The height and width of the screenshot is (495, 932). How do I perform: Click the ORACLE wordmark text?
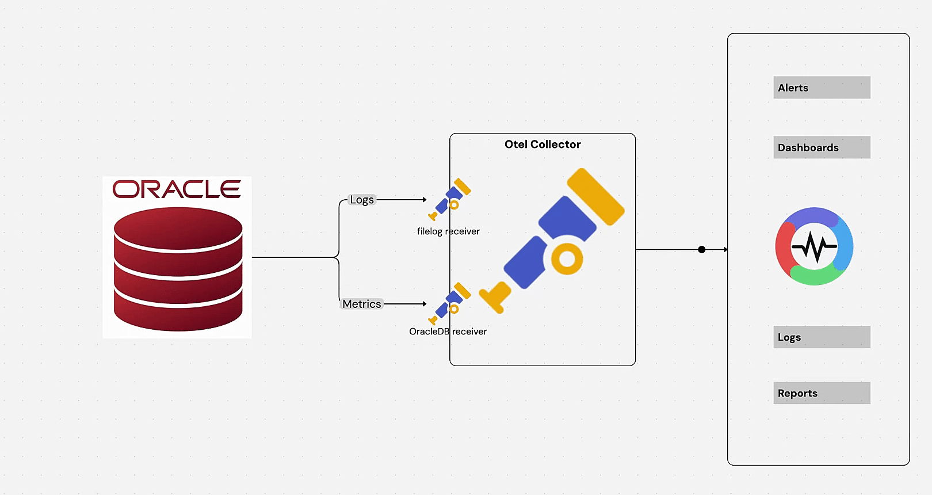click(177, 189)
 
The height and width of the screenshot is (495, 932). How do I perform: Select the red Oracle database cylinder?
click(178, 269)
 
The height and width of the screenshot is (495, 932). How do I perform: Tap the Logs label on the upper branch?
click(362, 200)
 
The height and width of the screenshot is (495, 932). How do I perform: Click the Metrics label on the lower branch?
click(362, 304)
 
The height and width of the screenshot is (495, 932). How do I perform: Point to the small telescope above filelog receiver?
click(450, 199)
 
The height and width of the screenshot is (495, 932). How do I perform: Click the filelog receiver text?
click(448, 231)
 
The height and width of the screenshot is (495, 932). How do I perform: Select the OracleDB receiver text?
click(448, 332)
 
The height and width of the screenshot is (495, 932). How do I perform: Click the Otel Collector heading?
click(543, 144)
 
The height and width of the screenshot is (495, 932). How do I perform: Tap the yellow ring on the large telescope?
click(567, 259)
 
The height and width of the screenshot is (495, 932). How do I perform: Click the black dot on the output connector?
click(701, 250)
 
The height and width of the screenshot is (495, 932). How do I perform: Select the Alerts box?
click(822, 87)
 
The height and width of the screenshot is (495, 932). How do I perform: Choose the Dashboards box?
click(822, 147)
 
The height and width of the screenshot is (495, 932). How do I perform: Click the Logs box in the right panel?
click(822, 337)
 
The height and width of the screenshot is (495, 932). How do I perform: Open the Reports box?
click(822, 393)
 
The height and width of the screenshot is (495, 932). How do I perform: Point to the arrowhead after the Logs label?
click(425, 200)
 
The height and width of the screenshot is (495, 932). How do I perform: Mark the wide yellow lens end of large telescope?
click(595, 196)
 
